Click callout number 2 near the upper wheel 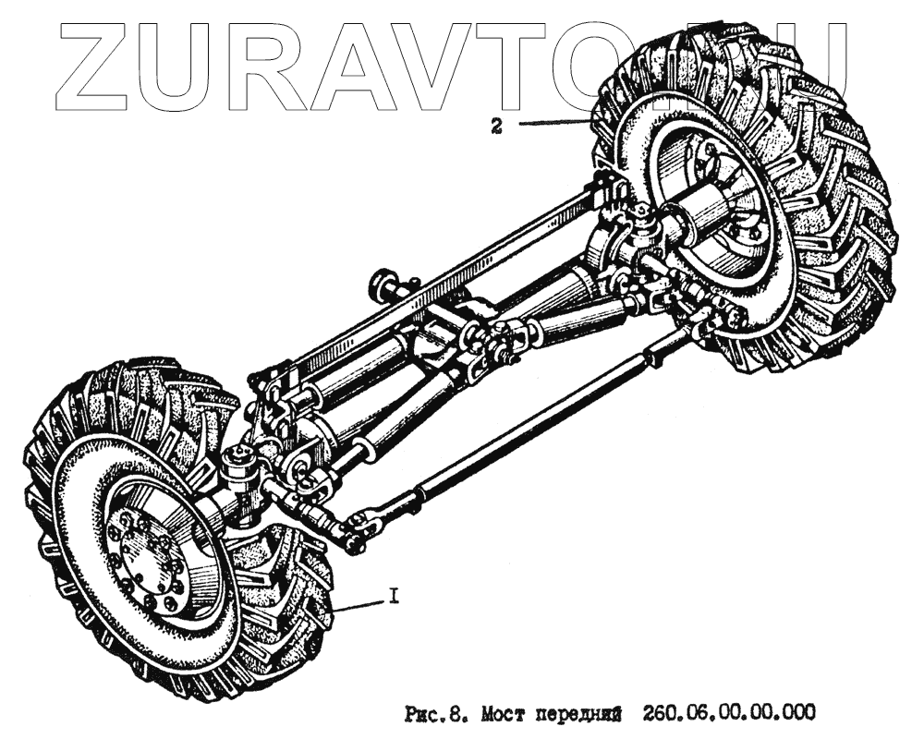point(496,128)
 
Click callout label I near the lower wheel point(394,598)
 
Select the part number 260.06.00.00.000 point(723,712)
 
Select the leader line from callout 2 point(554,123)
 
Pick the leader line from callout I point(360,606)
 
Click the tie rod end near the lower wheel point(355,534)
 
